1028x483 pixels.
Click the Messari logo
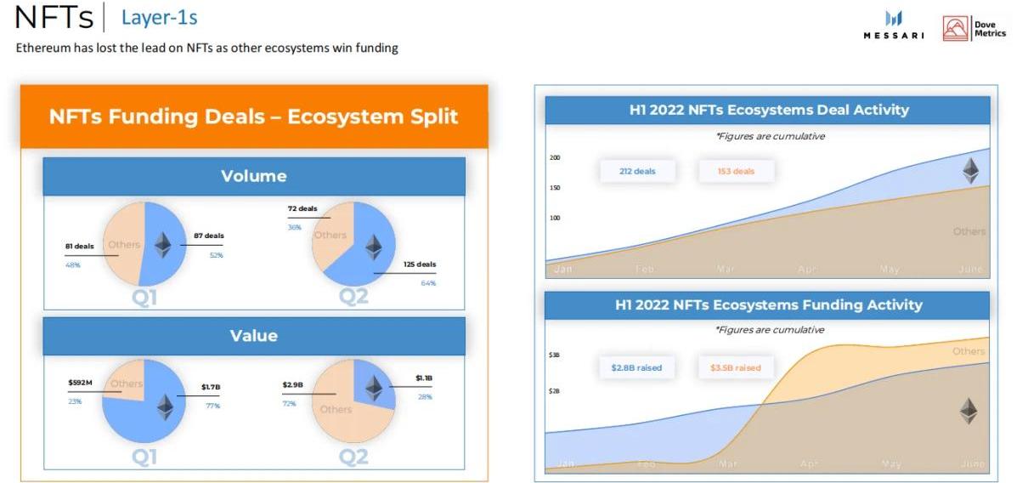click(x=894, y=26)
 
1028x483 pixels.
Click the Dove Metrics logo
click(x=974, y=28)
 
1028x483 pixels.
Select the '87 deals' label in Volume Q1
click(x=209, y=236)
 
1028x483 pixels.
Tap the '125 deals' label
click(x=420, y=264)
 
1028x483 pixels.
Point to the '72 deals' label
click(x=302, y=208)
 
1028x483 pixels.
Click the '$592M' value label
click(x=80, y=383)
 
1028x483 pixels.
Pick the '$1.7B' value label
click(x=211, y=387)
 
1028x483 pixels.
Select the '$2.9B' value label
click(x=292, y=385)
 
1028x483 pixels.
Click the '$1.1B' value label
click(x=423, y=378)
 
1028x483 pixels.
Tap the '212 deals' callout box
click(x=637, y=171)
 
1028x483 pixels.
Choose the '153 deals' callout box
click(x=736, y=171)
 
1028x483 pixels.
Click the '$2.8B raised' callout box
click(x=636, y=368)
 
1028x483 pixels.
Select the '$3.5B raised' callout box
click(x=736, y=368)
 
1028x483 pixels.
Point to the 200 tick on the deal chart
click(x=555, y=158)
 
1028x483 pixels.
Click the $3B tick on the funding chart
click(x=554, y=355)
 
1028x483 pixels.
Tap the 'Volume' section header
click(x=254, y=176)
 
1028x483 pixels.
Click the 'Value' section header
click(x=254, y=336)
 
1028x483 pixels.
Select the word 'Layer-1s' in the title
click(x=159, y=17)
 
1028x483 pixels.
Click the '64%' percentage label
click(x=427, y=282)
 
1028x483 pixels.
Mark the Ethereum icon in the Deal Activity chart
click(x=969, y=171)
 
